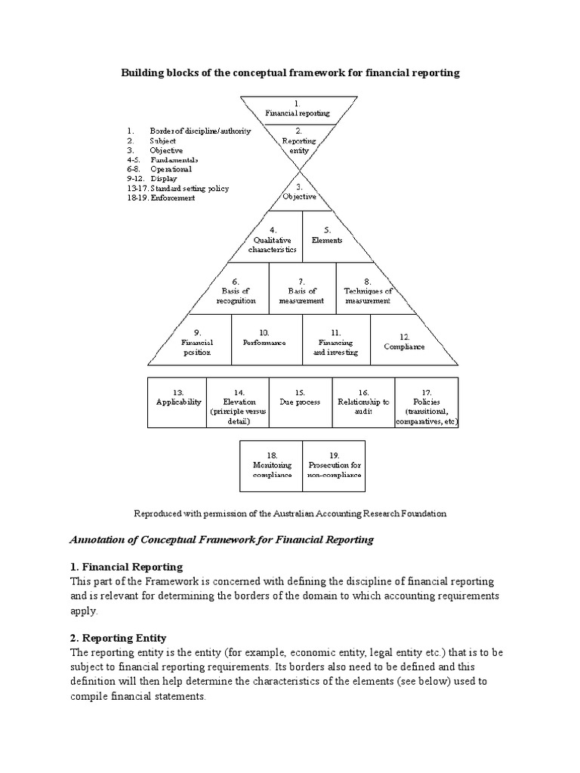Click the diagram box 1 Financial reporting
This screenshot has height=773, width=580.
click(x=297, y=109)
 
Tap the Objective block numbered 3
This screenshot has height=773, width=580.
click(x=298, y=192)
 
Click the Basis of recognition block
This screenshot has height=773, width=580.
click(x=236, y=291)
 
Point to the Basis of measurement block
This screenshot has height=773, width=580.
click(x=301, y=291)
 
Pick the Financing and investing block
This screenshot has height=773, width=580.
click(x=336, y=342)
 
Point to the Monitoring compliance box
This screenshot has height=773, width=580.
click(x=271, y=466)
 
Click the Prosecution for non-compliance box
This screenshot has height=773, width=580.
click(x=333, y=466)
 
